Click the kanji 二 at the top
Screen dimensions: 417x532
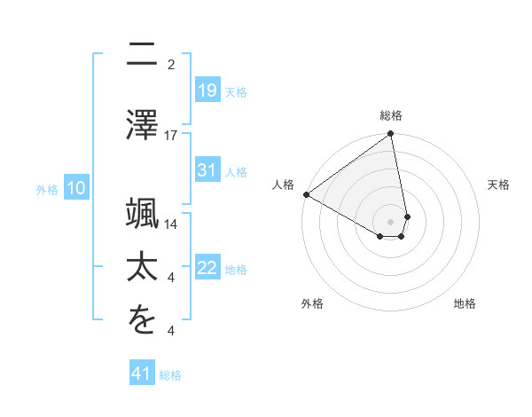pyautogui.click(x=143, y=56)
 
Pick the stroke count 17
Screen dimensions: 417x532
pyautogui.click(x=171, y=136)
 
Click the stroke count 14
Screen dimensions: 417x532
pyautogui.click(x=171, y=224)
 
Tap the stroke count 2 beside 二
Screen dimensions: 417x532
pyautogui.click(x=171, y=64)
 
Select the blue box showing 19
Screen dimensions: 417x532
pyautogui.click(x=207, y=90)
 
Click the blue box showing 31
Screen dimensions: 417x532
pyautogui.click(x=207, y=170)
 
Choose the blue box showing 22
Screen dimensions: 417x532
pyautogui.click(x=207, y=268)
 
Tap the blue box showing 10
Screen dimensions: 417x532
pyautogui.click(x=76, y=188)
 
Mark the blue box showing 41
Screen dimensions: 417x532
pyautogui.click(x=142, y=374)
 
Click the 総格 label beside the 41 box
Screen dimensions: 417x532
pyautogui.click(x=170, y=375)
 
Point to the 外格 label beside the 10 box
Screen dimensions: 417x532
pyautogui.click(x=47, y=189)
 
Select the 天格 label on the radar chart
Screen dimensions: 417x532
pyautogui.click(x=498, y=185)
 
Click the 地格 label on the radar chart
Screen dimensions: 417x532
pyautogui.click(x=465, y=303)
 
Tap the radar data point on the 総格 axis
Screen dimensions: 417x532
pyautogui.click(x=391, y=135)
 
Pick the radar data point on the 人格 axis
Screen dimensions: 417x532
pyautogui.click(x=306, y=194)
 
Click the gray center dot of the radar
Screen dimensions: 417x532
pyautogui.click(x=391, y=221)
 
